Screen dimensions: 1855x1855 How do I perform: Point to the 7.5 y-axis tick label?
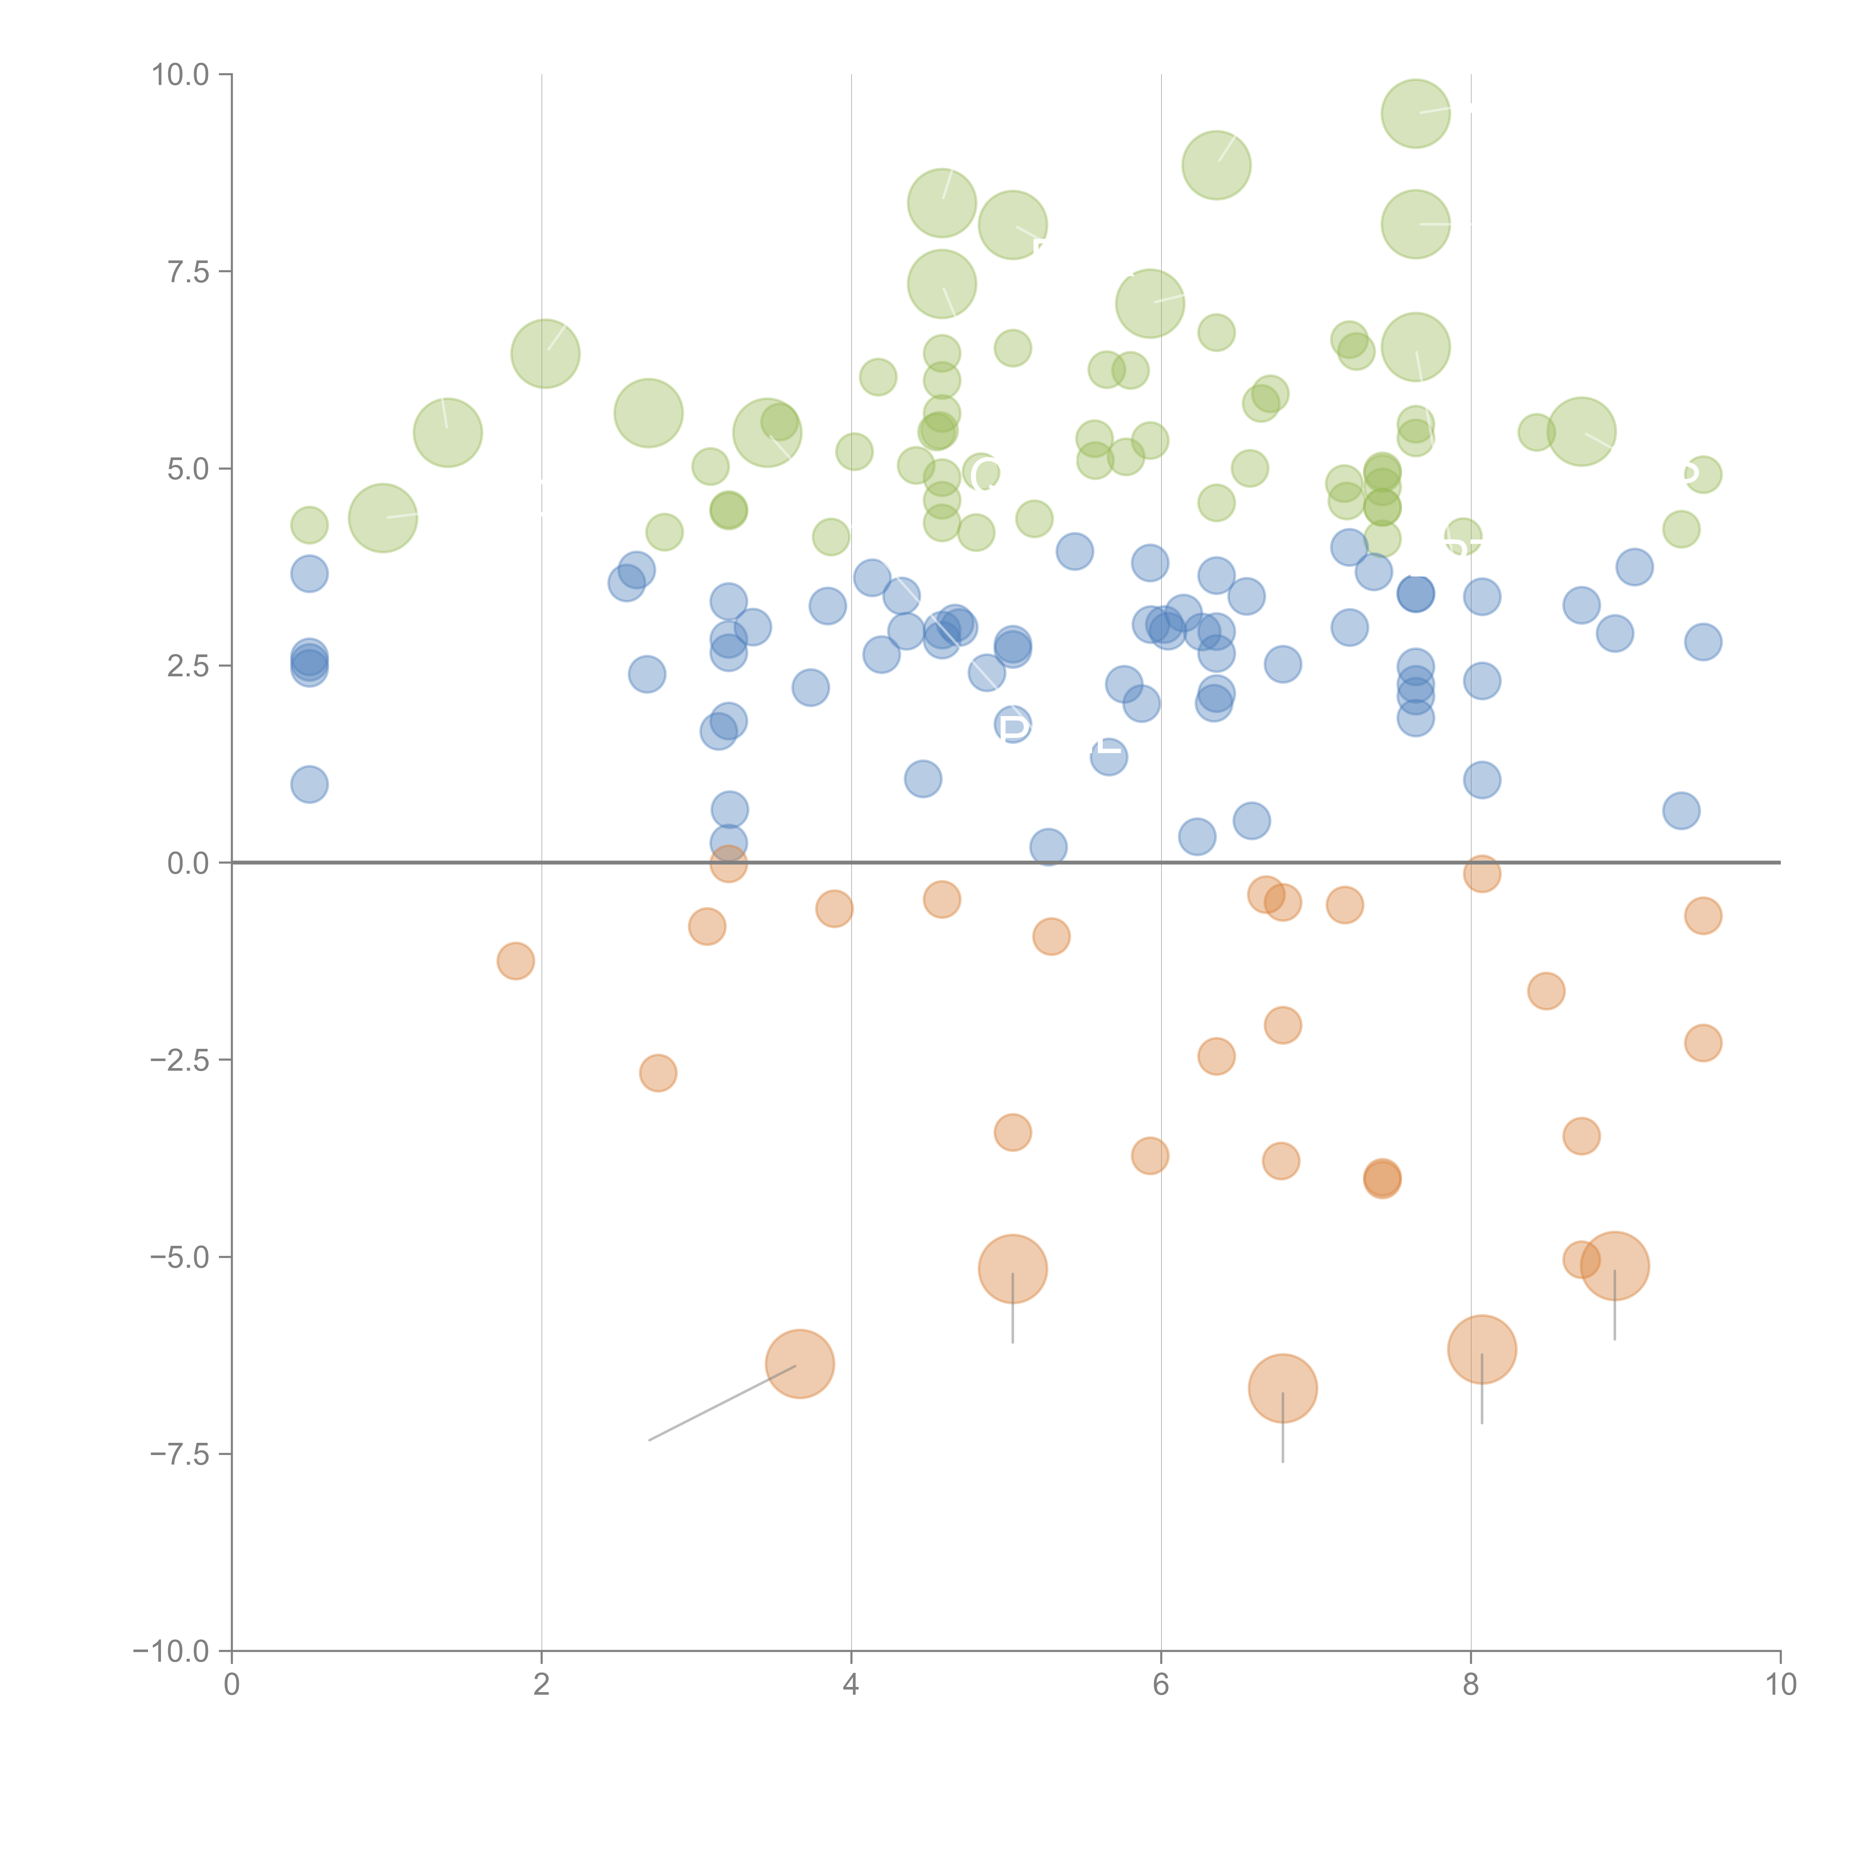[x=187, y=272]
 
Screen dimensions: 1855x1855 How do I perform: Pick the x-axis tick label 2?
[x=542, y=1685]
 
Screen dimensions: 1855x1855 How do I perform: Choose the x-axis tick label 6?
[x=1161, y=1685]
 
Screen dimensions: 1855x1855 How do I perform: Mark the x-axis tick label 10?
[x=1780, y=1685]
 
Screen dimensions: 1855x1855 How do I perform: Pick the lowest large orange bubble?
[x=1283, y=1388]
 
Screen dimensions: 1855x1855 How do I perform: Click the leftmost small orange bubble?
[x=516, y=961]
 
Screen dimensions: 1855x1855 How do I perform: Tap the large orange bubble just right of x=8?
[x=1481, y=1349]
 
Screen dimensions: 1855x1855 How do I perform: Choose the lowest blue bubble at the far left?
[x=309, y=784]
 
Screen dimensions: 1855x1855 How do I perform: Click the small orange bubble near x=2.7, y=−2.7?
[x=658, y=1073]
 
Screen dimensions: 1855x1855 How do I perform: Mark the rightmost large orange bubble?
[x=1615, y=1265]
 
